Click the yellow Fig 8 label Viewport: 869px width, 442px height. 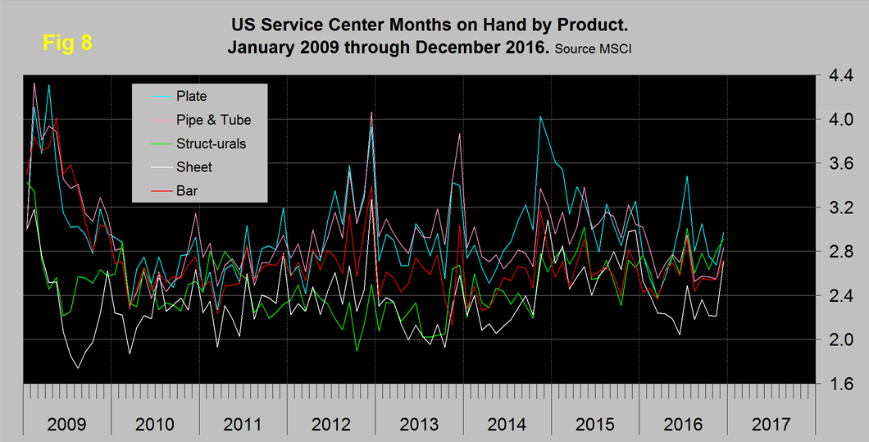pos(67,43)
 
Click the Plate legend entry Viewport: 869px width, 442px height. pos(191,96)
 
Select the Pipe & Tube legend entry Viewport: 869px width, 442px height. pos(213,120)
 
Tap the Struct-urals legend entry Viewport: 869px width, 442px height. pos(211,144)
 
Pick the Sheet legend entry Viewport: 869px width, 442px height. pos(194,167)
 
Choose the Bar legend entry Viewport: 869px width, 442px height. pos(188,190)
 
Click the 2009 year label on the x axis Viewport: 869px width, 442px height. pos(66,425)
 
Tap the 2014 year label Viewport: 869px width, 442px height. pos(507,425)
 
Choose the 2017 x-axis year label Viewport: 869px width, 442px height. pos(771,425)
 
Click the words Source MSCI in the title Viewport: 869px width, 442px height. pos(593,49)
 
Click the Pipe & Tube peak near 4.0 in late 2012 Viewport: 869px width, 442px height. pos(371,112)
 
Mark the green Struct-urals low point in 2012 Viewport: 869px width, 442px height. pos(357,351)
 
